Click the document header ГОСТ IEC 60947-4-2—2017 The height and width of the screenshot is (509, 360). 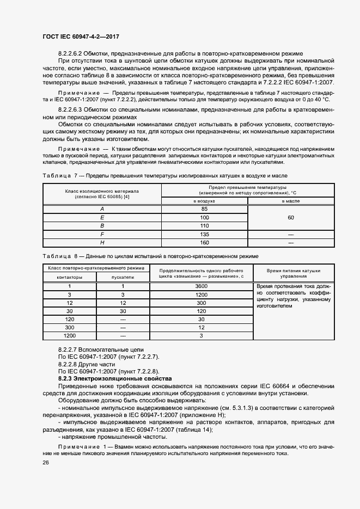coord(81,36)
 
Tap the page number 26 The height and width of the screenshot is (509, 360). coord(46,462)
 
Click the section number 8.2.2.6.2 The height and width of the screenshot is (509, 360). coord(74,54)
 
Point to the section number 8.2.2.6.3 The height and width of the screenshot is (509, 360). coord(74,110)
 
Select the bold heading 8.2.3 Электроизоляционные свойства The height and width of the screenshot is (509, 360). coord(115,378)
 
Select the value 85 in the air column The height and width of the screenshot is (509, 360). coord(204,209)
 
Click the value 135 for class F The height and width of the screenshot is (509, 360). coord(204,234)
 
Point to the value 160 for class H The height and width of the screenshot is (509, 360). coord(204,242)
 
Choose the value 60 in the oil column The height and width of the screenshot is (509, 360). coord(290,217)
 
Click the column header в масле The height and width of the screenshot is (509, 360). coord(290,201)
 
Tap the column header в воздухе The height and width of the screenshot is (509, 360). coord(204,201)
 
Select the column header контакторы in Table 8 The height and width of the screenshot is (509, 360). coord(70,277)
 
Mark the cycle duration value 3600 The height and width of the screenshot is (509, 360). coord(201,286)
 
